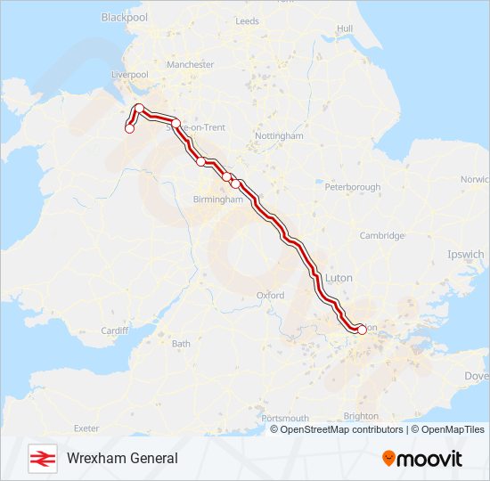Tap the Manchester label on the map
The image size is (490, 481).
tap(190, 65)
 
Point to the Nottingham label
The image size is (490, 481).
tap(279, 136)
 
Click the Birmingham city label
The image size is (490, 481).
tap(217, 200)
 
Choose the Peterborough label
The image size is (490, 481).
tap(352, 187)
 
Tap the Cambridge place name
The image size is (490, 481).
tap(381, 236)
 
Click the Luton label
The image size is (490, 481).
tap(339, 278)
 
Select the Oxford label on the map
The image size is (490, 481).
tap(270, 295)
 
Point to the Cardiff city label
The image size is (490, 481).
tap(116, 331)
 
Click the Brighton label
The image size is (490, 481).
tap(360, 416)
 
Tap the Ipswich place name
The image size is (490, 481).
tap(465, 255)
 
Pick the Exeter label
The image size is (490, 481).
tap(86, 428)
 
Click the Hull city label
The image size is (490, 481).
tap(345, 29)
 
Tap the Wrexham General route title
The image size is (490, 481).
tap(122, 458)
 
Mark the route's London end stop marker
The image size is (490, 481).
tap(361, 329)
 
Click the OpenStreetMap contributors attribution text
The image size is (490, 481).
tap(341, 429)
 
